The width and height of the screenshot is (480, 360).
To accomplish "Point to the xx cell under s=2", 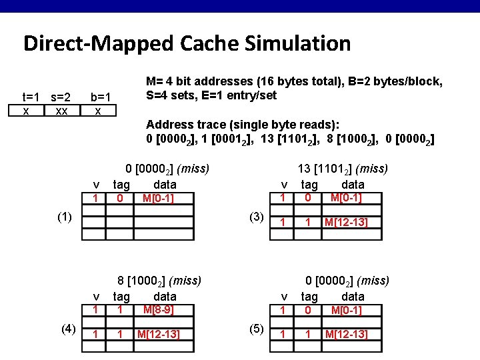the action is (x=61, y=111).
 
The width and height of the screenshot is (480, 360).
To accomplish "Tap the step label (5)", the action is (x=257, y=328).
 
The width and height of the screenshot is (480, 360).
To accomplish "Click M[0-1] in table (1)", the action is (x=158, y=199).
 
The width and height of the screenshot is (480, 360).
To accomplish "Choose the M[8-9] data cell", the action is (x=158, y=310).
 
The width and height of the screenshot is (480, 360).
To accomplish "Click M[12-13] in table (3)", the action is (x=346, y=222).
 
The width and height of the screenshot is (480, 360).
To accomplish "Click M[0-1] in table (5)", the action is (x=346, y=311).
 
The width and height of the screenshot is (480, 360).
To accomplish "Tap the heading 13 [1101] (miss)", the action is (x=343, y=169).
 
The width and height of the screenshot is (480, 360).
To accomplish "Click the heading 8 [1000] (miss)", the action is (x=159, y=281).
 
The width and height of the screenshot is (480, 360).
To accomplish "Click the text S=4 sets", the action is (x=175, y=95).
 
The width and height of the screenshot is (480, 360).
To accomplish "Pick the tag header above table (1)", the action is (x=122, y=185).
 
